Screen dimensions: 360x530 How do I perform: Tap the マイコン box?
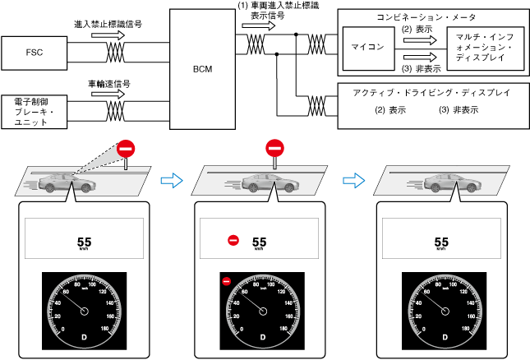point(366,47)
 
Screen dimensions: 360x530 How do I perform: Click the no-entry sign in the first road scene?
point(125,149)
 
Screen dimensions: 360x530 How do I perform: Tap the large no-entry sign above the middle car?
point(274,149)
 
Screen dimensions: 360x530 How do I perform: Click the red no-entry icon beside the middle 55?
point(233,242)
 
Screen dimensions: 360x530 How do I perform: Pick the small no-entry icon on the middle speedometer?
point(226,281)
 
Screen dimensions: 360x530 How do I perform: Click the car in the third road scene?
point(444,182)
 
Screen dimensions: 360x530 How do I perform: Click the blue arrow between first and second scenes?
point(169,178)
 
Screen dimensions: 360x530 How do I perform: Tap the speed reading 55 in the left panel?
point(84,242)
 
